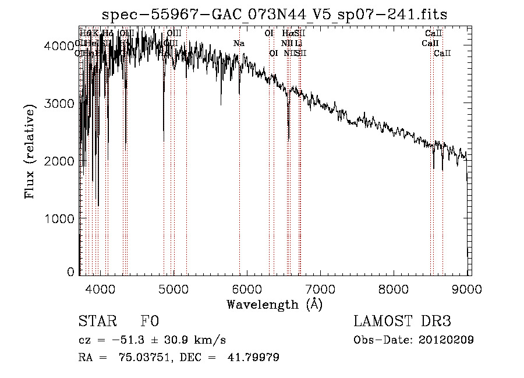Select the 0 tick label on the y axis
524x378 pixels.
coord(70,271)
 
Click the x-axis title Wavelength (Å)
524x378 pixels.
coord(274,304)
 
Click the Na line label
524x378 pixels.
coord(239,43)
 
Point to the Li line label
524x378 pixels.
coord(298,43)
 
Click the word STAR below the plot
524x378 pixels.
coord(97,322)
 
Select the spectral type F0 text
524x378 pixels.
coord(149,322)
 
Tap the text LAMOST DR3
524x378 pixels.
coord(402,322)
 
